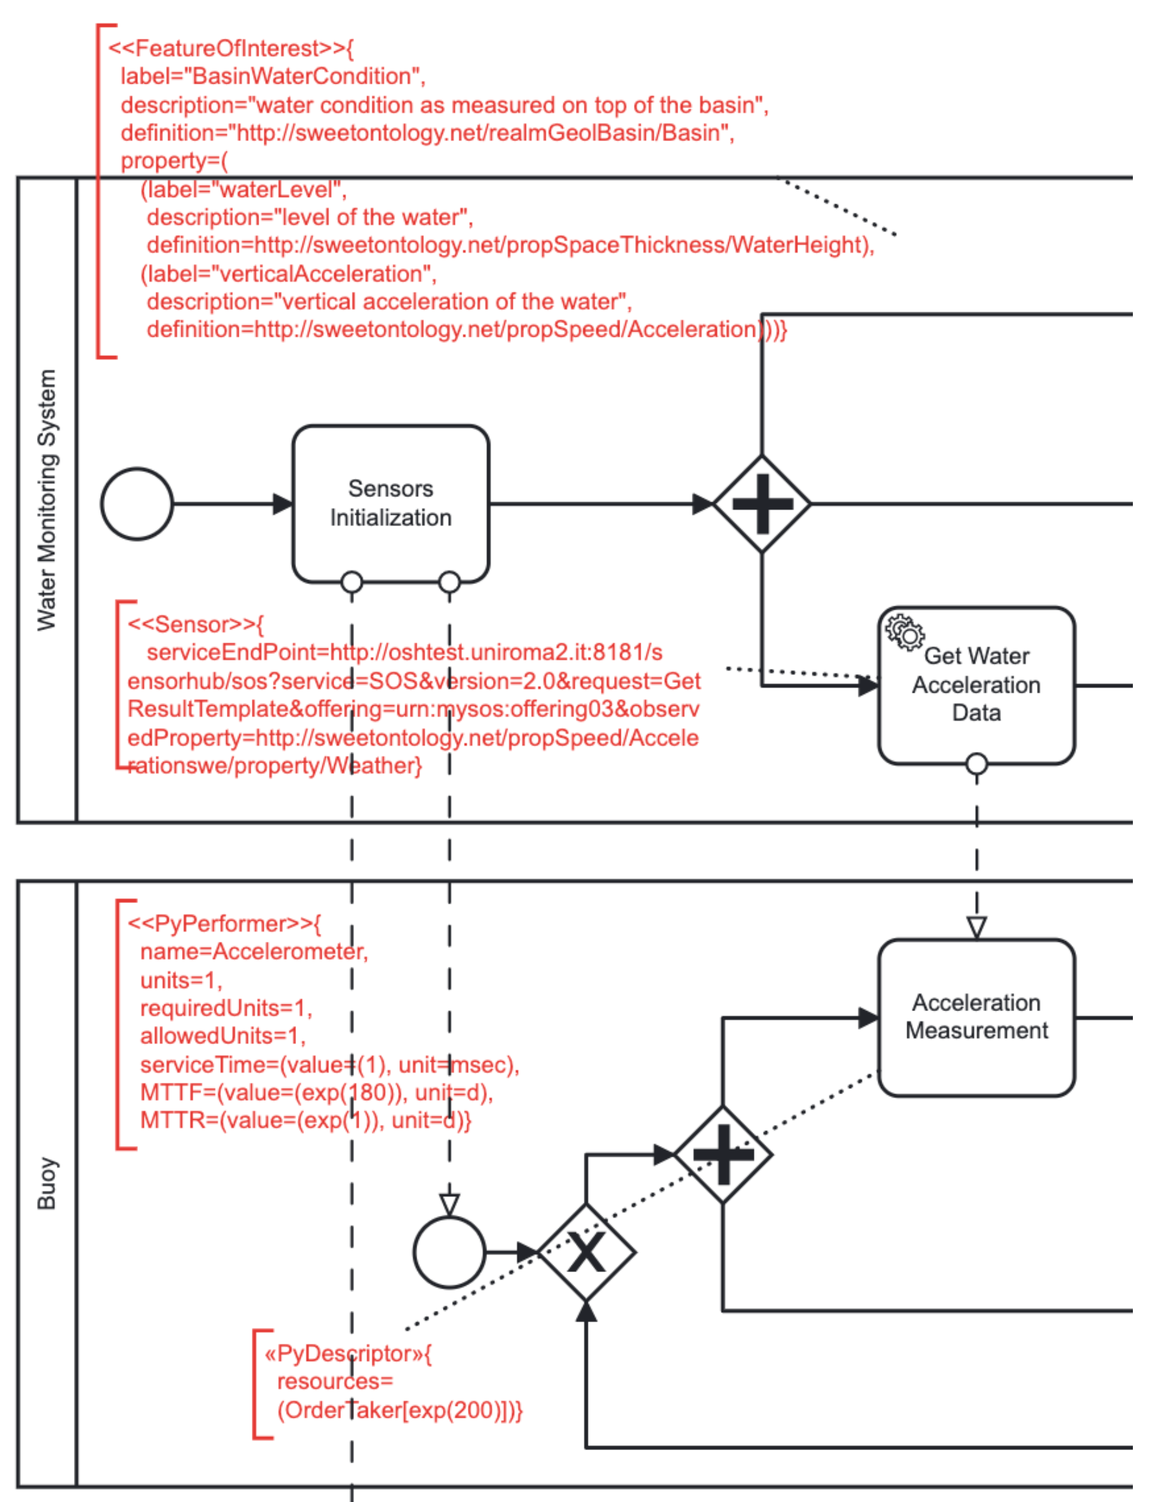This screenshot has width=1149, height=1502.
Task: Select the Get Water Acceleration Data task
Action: pyautogui.click(x=976, y=684)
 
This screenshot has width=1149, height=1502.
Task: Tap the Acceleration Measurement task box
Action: pyautogui.click(x=976, y=1017)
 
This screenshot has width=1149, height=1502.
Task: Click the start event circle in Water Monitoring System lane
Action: pyautogui.click(x=137, y=503)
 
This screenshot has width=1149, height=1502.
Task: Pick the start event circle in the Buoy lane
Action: pyautogui.click(x=449, y=1252)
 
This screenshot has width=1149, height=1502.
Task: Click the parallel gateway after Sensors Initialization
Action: pyautogui.click(x=762, y=503)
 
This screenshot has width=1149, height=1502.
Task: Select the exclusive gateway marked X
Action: pyautogui.click(x=586, y=1252)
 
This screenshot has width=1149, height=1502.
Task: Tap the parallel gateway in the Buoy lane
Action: pyautogui.click(x=723, y=1154)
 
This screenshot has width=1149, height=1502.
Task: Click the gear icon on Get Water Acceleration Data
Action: pyautogui.click(x=904, y=632)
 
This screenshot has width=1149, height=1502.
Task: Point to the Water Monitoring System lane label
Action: pyautogui.click(x=47, y=499)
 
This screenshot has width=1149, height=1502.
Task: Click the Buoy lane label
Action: pyautogui.click(x=47, y=1184)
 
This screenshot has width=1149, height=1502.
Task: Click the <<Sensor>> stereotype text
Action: pyautogui.click(x=195, y=624)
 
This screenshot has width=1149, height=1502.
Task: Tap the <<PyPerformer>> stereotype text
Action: pyautogui.click(x=224, y=924)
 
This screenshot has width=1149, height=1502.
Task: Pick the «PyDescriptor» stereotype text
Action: pyautogui.click(x=347, y=1353)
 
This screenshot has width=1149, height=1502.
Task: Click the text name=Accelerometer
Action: pyautogui.click(x=254, y=952)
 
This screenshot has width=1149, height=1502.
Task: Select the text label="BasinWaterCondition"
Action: pyautogui.click(x=272, y=76)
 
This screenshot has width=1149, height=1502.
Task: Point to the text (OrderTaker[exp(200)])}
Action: pyautogui.click(x=399, y=1410)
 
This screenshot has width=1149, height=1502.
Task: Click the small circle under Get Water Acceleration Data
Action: pyautogui.click(x=976, y=763)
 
